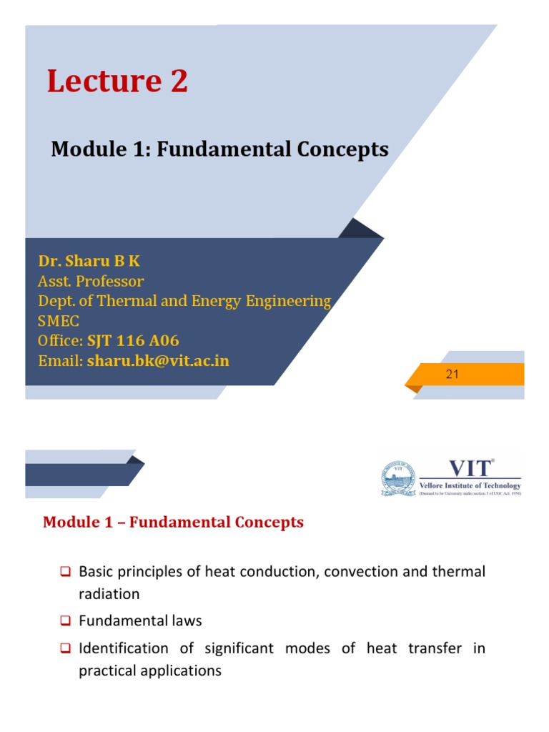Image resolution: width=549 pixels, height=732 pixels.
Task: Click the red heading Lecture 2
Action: pyautogui.click(x=117, y=81)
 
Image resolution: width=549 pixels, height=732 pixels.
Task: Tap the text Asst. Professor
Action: pyautogui.click(x=91, y=281)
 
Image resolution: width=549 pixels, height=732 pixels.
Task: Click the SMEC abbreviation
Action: pyautogui.click(x=59, y=320)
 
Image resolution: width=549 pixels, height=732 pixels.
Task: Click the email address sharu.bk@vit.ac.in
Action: pyautogui.click(x=158, y=360)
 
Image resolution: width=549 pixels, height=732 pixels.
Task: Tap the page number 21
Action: pyautogui.click(x=451, y=374)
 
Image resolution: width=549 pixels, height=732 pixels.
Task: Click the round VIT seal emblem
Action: pyautogui.click(x=397, y=478)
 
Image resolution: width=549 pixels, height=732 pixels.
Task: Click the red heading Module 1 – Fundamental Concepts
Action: pyautogui.click(x=173, y=523)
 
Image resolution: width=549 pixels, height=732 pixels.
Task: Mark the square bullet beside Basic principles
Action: pyautogui.click(x=64, y=572)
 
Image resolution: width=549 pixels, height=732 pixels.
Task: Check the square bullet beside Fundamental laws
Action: pyautogui.click(x=64, y=621)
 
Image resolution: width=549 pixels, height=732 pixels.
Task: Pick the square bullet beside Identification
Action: pyautogui.click(x=64, y=648)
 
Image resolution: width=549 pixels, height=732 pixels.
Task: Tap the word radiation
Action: pyautogui.click(x=109, y=594)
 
